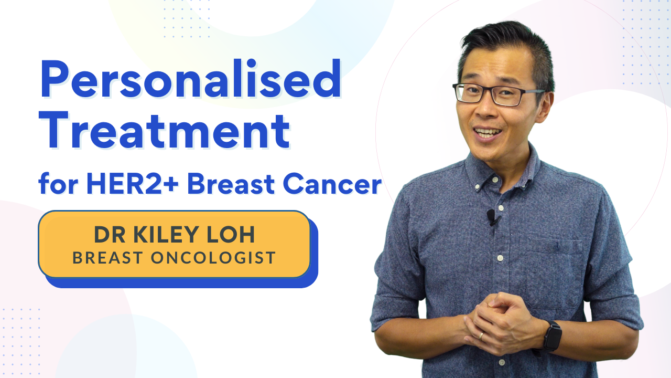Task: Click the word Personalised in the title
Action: click(190, 78)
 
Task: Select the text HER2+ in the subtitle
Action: click(132, 184)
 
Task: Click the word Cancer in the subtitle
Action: click(332, 184)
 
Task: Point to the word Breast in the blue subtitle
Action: click(231, 184)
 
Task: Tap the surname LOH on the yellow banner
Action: click(231, 234)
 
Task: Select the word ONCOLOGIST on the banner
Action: click(213, 258)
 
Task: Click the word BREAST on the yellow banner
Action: click(107, 258)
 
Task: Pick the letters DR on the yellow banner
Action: click(110, 234)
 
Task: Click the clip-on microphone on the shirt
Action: click(492, 217)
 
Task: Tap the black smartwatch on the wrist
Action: click(552, 335)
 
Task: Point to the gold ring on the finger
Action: click(481, 335)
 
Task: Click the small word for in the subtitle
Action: click(58, 184)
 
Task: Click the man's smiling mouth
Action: click(488, 133)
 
